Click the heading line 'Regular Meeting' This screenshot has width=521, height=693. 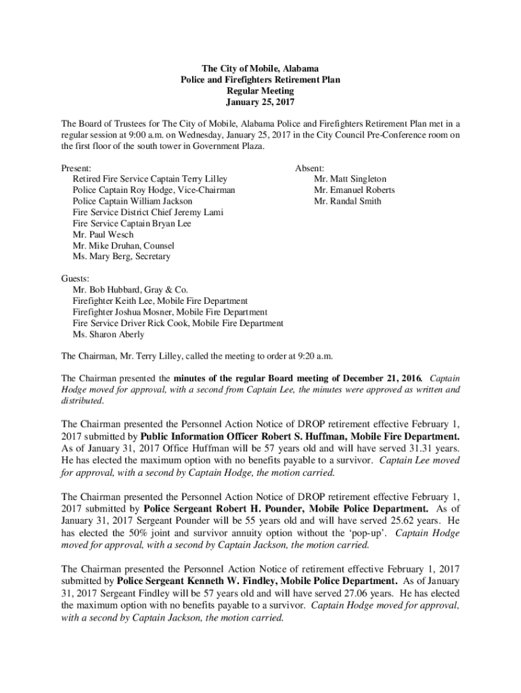click(260, 91)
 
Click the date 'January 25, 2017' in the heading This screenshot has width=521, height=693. click(260, 102)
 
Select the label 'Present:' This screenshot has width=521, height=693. click(76, 168)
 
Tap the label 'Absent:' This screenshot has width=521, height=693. click(309, 168)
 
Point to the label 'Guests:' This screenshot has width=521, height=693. click(76, 279)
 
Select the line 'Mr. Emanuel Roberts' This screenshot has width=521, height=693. click(354, 190)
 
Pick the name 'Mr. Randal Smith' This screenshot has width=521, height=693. click(347, 201)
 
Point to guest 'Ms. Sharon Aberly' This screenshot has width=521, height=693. click(108, 334)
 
